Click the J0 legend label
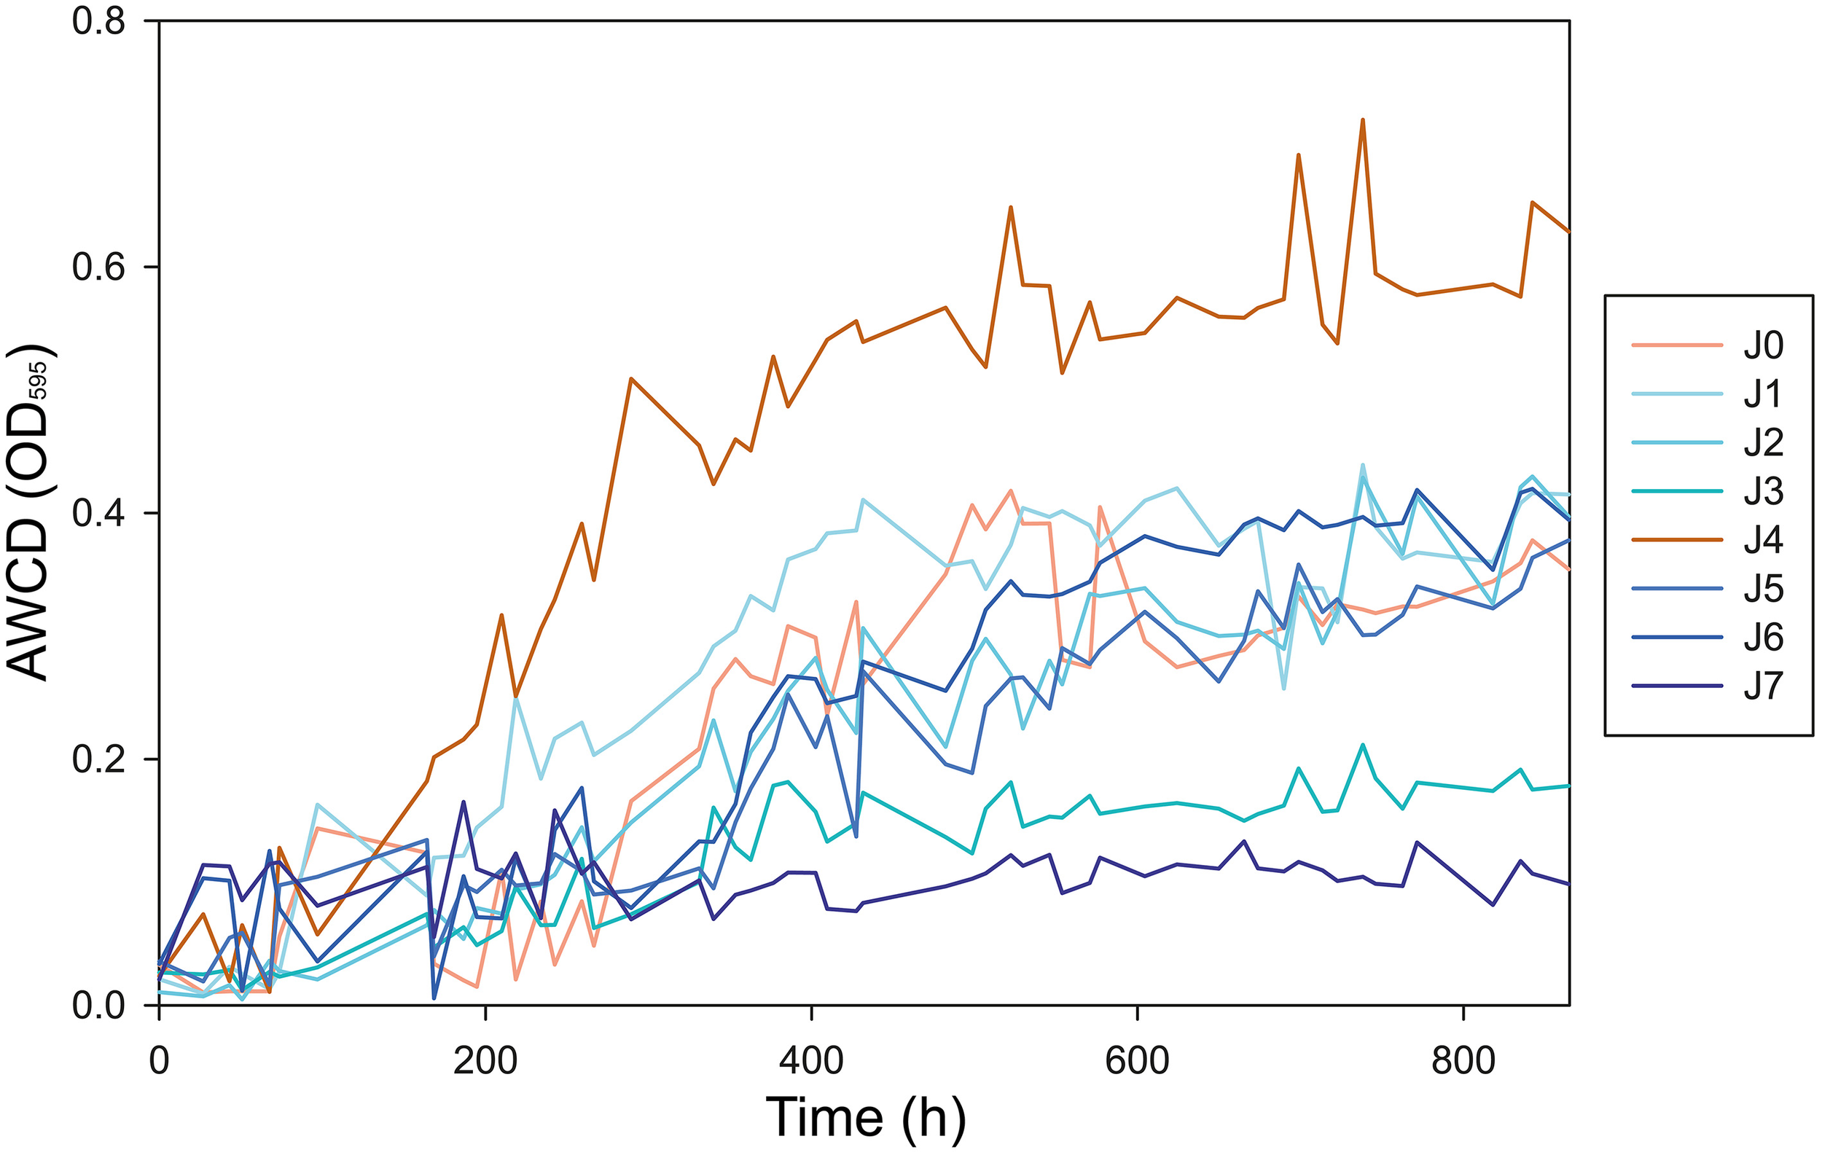click(1763, 345)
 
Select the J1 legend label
click(1763, 394)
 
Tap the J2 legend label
click(1763, 442)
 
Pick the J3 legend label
click(1763, 492)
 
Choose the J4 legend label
click(1763, 540)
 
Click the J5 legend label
click(1763, 589)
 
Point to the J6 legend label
click(1763, 638)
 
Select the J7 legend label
click(1763, 686)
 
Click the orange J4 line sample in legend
click(1677, 540)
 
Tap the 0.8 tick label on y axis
click(98, 22)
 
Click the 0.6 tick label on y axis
click(98, 267)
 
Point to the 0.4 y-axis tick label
click(98, 514)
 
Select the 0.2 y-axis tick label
click(98, 759)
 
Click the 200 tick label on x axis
click(485, 1061)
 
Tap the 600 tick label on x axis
click(1137, 1061)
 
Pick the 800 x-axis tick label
click(1463, 1061)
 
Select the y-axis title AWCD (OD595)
click(28, 513)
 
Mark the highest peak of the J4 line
click(1363, 120)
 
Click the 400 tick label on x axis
click(811, 1061)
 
